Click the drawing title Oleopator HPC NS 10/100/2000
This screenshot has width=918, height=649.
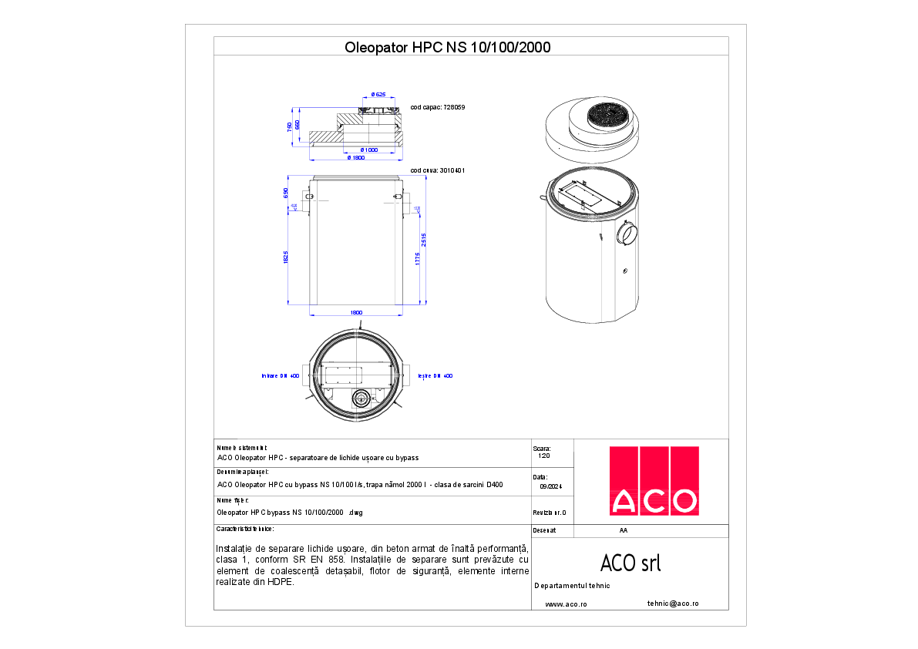coord(447,47)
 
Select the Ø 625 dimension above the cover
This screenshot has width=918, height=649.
coord(378,95)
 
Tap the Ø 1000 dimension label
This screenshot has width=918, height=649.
coord(368,150)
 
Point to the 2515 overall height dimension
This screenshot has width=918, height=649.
coord(425,239)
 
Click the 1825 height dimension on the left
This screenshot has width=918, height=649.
coord(286,257)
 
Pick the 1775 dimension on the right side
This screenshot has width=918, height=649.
coord(417,257)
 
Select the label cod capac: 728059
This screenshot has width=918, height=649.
coord(438,108)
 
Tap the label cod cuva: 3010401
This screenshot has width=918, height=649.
coord(437,170)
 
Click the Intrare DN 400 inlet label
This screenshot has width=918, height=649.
coord(281,376)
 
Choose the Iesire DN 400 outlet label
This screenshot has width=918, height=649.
coord(435,376)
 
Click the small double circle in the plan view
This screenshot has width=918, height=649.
coord(361,398)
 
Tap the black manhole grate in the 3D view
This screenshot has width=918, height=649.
coord(608,119)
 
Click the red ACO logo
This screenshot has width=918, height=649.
coord(654,480)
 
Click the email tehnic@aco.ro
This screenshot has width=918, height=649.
coord(672,604)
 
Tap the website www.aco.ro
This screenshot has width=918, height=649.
coord(566,605)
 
